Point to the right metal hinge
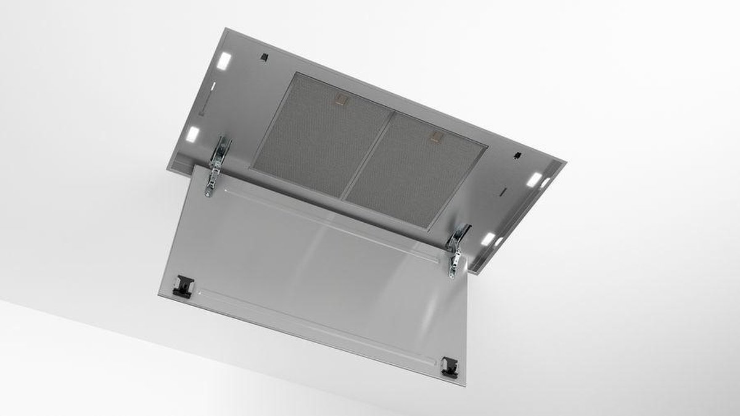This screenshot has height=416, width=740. (458, 250)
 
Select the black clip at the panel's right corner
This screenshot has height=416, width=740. (450, 365)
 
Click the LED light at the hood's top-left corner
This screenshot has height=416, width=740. (224, 60)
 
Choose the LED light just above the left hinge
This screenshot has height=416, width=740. (192, 133)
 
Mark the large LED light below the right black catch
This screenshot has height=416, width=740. (533, 180)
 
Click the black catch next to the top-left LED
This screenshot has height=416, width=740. (264, 57)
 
